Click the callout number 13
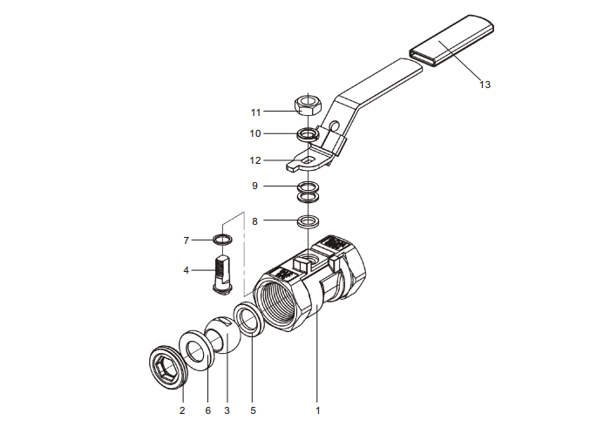pos(485,85)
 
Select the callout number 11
pos(255,112)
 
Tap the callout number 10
pos(255,133)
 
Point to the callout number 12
pos(255,160)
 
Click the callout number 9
pos(254,186)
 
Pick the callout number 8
pos(254,221)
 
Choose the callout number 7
pos(186,240)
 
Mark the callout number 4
pos(186,270)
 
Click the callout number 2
pos(182,409)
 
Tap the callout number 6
pos(207,409)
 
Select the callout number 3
pos(227,409)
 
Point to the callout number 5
pos(253,409)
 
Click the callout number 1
pos(318,409)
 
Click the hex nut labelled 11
pos(308,105)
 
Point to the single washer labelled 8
pos(307,220)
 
